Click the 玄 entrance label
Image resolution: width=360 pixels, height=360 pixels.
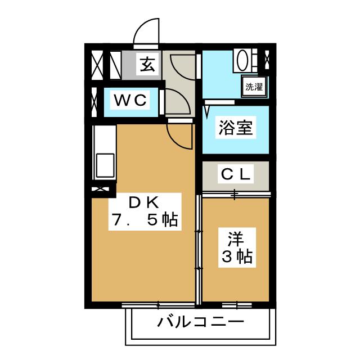click(146, 65)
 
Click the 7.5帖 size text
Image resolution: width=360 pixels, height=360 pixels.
click(144, 220)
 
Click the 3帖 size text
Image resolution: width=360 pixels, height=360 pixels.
click(236, 257)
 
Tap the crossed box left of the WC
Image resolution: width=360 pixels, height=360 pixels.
click(93, 101)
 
